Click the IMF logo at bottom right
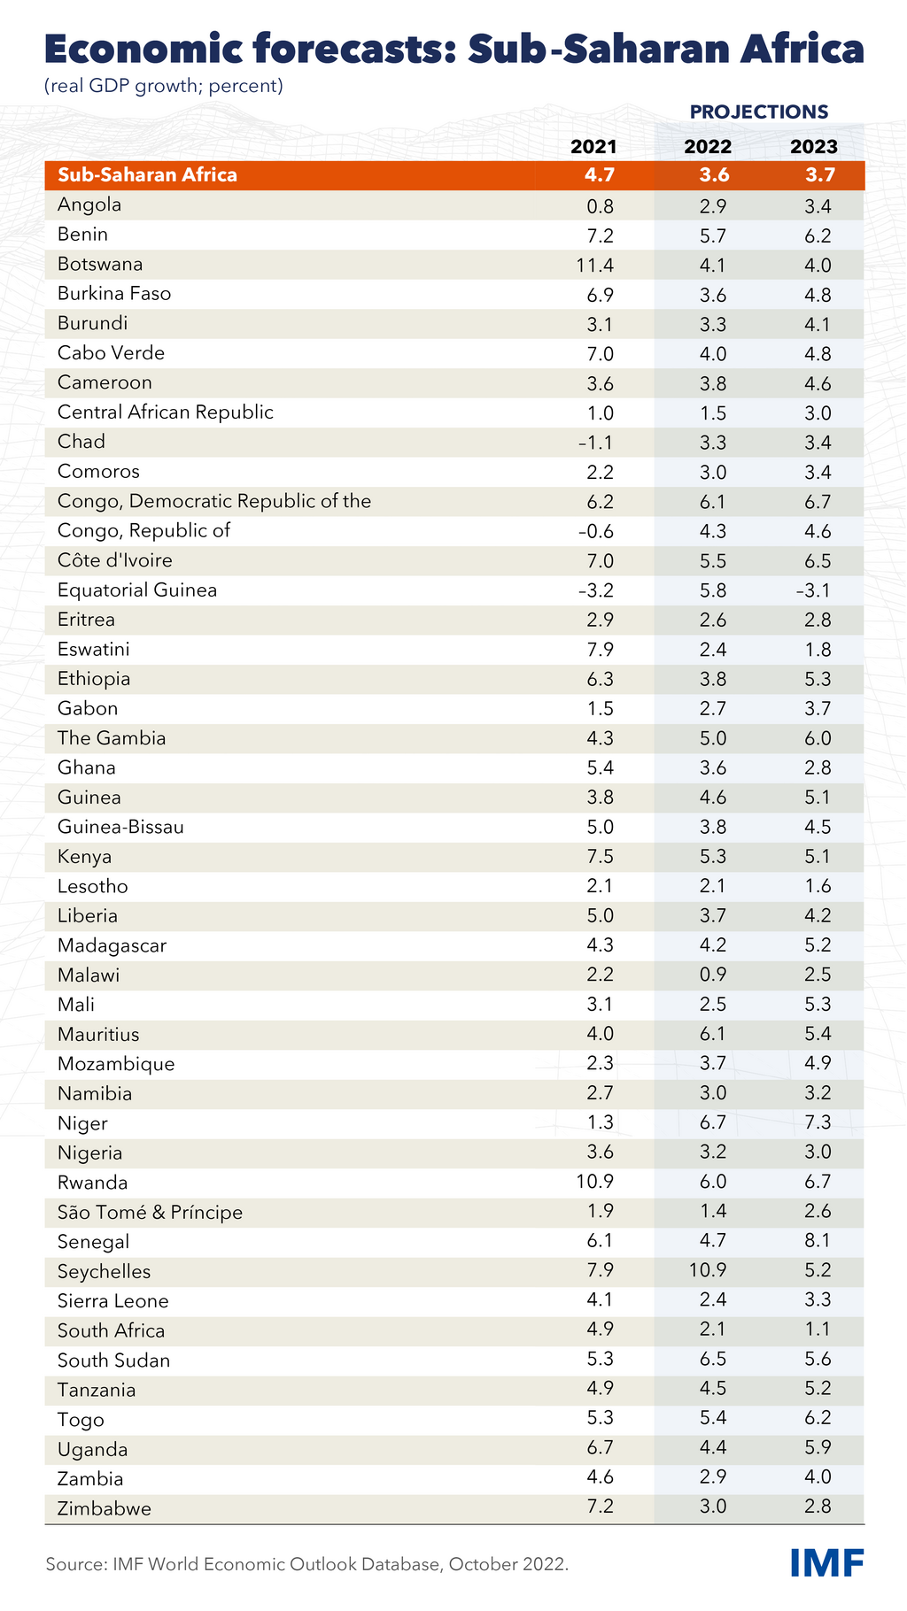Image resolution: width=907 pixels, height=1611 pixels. (826, 1563)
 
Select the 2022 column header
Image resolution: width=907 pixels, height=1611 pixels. (708, 147)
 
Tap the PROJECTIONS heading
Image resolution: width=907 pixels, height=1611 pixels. (759, 112)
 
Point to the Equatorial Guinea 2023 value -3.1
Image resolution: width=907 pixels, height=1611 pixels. (814, 590)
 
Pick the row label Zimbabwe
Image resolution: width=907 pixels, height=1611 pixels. (105, 1508)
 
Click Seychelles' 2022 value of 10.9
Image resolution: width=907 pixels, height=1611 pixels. (708, 1272)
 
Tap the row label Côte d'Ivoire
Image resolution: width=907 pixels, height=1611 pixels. (115, 560)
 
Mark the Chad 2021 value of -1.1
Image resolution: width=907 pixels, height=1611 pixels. (596, 443)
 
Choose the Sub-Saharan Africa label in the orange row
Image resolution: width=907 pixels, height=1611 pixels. (147, 174)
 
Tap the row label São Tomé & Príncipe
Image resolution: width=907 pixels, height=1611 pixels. (150, 1213)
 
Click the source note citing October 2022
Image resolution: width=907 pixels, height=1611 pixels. (306, 1564)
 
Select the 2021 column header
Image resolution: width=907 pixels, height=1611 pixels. (593, 147)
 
